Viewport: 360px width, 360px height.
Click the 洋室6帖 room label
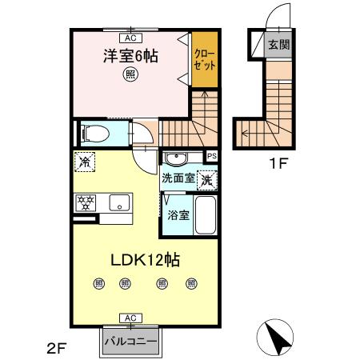pyautogui.click(x=130, y=58)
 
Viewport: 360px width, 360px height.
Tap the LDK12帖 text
pyautogui.click(x=144, y=260)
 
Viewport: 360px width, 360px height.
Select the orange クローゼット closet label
pyautogui.click(x=204, y=58)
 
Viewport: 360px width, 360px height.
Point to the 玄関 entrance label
pyautogui.click(x=279, y=44)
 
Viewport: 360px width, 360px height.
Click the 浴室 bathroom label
pyautogui.click(x=178, y=214)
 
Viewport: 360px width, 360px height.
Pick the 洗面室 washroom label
pyautogui.click(x=178, y=178)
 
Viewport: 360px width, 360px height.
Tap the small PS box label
pyautogui.click(x=212, y=156)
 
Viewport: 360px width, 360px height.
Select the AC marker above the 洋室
pyautogui.click(x=130, y=36)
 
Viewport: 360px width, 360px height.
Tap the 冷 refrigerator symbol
pyautogui.click(x=85, y=162)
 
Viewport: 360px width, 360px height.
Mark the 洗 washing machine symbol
pyautogui.click(x=207, y=180)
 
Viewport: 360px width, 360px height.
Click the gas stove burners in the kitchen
pyautogui.click(x=86, y=203)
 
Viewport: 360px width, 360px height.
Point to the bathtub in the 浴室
pyautogui.click(x=206, y=215)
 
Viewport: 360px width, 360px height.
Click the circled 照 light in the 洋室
pyautogui.click(x=130, y=75)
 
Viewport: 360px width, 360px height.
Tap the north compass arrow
pyautogui.click(x=278, y=337)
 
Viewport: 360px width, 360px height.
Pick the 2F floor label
pyautogui.click(x=54, y=349)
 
